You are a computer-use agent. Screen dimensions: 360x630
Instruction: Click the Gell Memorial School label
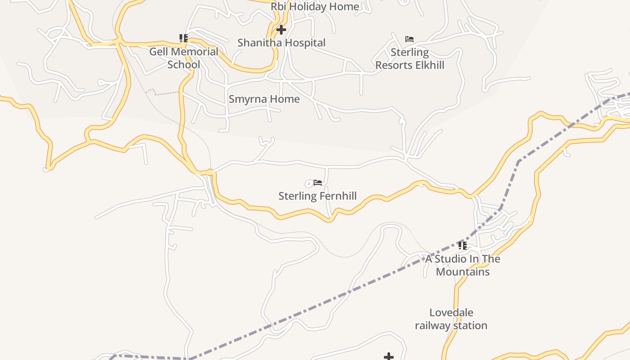(184, 58)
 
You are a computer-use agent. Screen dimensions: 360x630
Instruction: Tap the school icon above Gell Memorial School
(183, 38)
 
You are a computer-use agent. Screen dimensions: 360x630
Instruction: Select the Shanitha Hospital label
(281, 43)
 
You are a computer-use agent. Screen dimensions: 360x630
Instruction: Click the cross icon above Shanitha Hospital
(281, 30)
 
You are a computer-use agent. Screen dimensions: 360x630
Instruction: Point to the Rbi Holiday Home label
(315, 6)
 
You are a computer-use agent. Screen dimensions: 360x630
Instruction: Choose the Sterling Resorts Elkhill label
(409, 58)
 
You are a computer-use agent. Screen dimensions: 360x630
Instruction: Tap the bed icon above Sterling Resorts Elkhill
(409, 39)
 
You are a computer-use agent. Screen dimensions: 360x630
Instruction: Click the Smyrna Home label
(264, 99)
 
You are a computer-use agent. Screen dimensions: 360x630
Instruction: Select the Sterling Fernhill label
(317, 196)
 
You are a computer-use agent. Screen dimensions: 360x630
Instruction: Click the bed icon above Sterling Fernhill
(318, 183)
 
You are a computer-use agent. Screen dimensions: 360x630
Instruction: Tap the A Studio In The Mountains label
(463, 265)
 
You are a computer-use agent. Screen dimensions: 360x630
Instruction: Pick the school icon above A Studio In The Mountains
(462, 246)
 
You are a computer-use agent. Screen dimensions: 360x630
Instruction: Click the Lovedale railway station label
(451, 319)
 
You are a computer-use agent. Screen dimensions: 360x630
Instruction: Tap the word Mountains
(463, 272)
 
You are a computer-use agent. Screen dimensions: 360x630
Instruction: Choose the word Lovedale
(451, 312)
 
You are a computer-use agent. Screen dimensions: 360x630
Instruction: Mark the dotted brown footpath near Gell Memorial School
(164, 93)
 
